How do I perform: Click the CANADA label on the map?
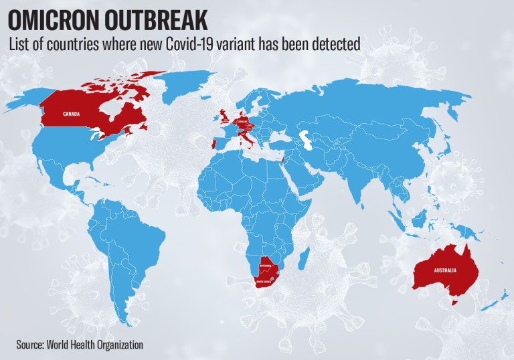click(x=72, y=114)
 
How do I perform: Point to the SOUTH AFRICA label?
click(x=262, y=282)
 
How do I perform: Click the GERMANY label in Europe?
click(x=242, y=122)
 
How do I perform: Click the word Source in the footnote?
click(x=29, y=345)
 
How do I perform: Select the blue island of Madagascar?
click(x=305, y=256)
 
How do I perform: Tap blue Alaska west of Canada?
click(x=27, y=100)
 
